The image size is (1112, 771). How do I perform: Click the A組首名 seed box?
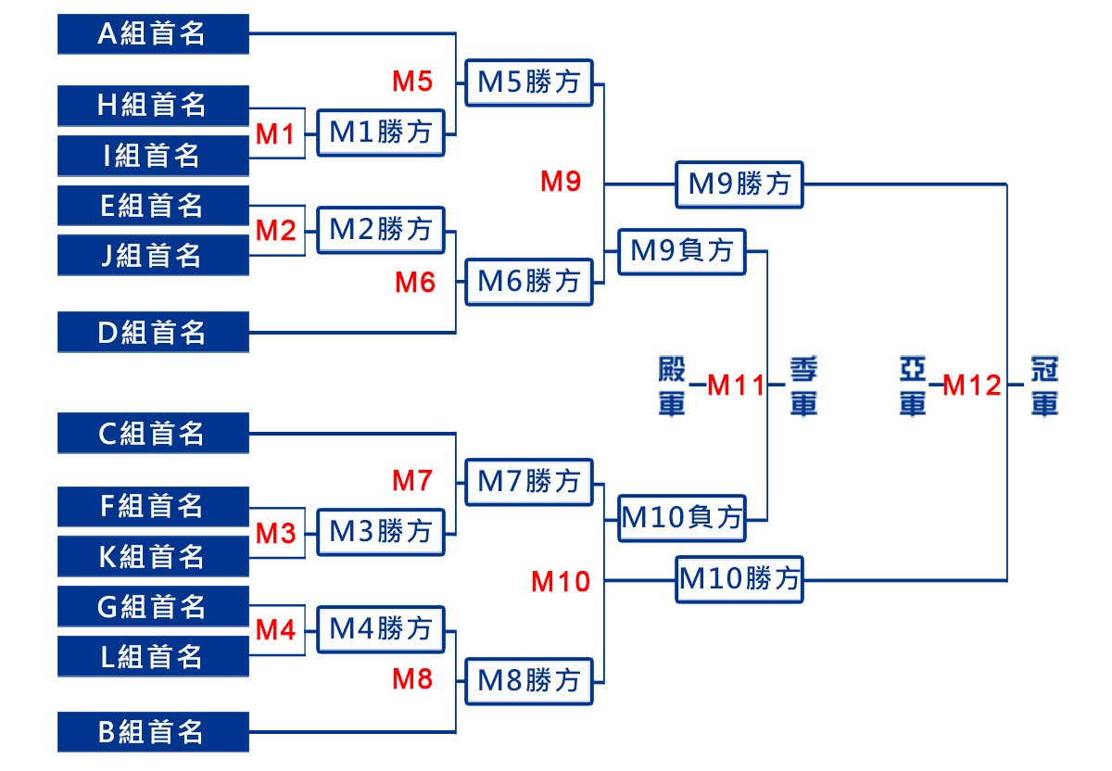[x=153, y=33]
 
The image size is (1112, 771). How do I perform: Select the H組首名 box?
[x=153, y=106]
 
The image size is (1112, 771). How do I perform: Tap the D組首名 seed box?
[x=153, y=332]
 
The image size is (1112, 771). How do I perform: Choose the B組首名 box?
[x=153, y=732]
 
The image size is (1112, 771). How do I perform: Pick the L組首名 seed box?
[x=153, y=656]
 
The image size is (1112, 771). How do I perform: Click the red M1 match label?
[x=275, y=134]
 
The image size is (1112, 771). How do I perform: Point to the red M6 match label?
[x=415, y=282]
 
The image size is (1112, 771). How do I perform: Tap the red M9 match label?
[x=561, y=182]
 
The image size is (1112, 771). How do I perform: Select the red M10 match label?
[x=561, y=581]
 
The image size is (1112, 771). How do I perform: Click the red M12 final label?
[x=971, y=385]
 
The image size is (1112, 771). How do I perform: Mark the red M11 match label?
[x=736, y=385]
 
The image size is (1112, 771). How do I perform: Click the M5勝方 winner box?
[x=529, y=82]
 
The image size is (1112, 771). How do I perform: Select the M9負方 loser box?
[x=682, y=251]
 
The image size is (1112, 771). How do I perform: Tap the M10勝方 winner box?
[x=739, y=579]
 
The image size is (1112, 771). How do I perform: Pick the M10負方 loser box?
[x=682, y=518]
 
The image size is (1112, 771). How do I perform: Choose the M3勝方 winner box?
[x=381, y=532]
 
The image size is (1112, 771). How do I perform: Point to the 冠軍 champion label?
[x=1044, y=385]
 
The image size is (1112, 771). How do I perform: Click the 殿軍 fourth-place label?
[x=672, y=385]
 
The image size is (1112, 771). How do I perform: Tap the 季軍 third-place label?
[x=803, y=385]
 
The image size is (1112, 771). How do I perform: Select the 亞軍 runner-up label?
[x=913, y=385]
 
